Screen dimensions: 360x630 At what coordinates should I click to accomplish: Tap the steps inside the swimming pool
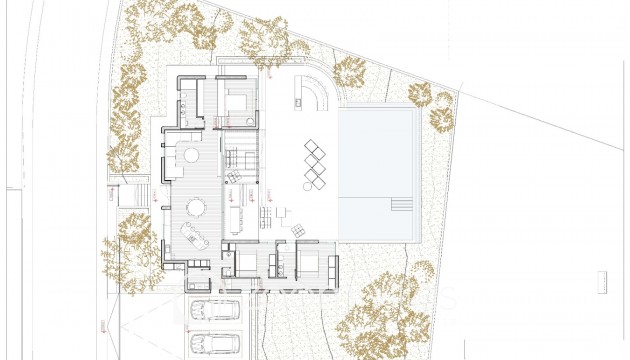pyautogui.click(x=400, y=207)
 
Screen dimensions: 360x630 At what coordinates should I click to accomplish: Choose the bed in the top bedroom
pyautogui.click(x=237, y=101)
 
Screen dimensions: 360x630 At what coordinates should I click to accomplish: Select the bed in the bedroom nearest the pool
pyautogui.click(x=309, y=263)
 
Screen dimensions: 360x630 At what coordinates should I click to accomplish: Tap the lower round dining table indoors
pyautogui.click(x=196, y=207)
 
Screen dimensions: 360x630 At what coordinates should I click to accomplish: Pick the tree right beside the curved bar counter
pyautogui.click(x=350, y=72)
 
